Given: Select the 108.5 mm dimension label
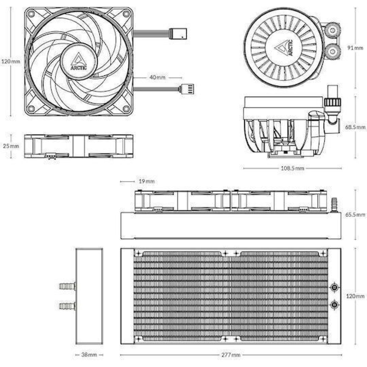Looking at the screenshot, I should pos(292,168).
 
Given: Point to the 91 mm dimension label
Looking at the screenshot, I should pos(355,48).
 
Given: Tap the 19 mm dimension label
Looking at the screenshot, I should pos(146,181).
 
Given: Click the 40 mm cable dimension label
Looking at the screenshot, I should pos(157,77).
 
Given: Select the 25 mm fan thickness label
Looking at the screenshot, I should pos(11,146).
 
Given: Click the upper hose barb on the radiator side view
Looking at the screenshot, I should pos(67,287).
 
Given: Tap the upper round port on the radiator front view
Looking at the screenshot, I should pos(335,287).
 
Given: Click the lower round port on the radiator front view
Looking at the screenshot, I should pos(335,304).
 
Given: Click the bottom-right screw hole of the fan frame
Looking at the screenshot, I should pos(126,109).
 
